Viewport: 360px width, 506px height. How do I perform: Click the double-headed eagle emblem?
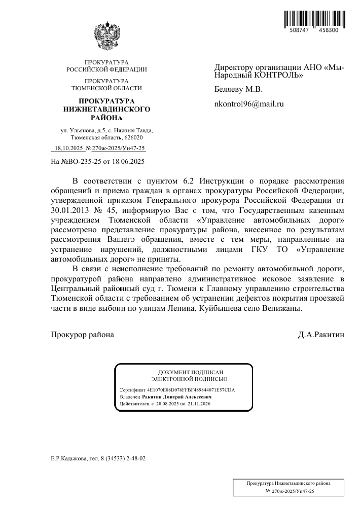tap(107, 35)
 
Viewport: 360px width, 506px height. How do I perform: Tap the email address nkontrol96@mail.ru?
tap(249, 104)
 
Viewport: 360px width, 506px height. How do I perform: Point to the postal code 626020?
tap(132, 137)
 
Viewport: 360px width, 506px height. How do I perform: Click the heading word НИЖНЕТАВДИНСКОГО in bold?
tap(106, 109)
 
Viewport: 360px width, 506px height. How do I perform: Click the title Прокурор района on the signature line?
tap(83, 335)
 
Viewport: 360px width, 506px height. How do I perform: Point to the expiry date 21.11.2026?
tap(199, 404)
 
